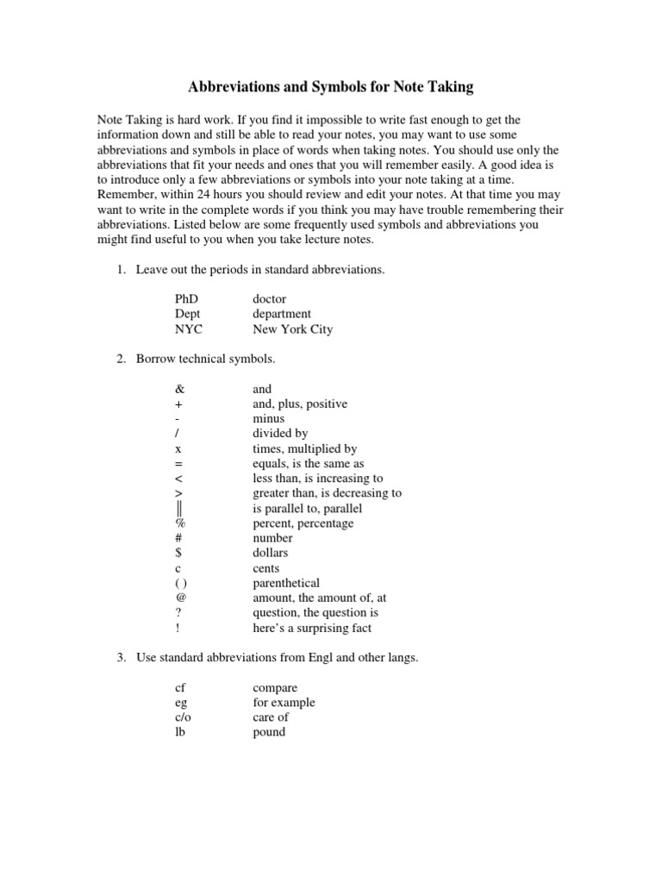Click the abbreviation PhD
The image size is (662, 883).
[x=186, y=299]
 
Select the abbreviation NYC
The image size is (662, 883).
[x=190, y=329]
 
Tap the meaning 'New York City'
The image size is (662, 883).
[x=292, y=329]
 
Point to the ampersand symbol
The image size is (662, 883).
[x=179, y=390]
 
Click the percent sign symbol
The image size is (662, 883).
[x=180, y=523]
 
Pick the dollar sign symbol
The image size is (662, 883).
[x=178, y=553]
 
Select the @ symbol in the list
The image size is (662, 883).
[x=180, y=598]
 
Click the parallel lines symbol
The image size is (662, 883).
[x=179, y=508]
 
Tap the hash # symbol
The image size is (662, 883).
[x=178, y=538]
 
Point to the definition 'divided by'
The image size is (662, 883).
[x=280, y=434]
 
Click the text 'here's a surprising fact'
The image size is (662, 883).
[x=312, y=628]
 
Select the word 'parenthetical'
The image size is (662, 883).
[x=286, y=583]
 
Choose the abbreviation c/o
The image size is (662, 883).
[x=184, y=717]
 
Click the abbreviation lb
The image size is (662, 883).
[x=179, y=732]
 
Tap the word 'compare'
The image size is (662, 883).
[x=275, y=688]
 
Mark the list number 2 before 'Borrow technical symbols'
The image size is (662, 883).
[x=121, y=359]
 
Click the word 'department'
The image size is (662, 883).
[x=282, y=314]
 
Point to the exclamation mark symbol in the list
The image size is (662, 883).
[x=177, y=628]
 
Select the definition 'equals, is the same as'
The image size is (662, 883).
[x=309, y=464]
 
